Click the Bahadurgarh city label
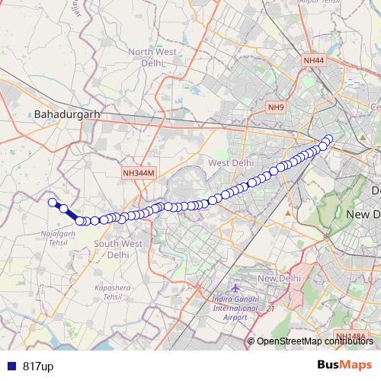click(67, 114)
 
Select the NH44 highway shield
click(314, 59)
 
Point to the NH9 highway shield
click(275, 107)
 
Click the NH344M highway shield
click(139, 174)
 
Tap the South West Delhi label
click(117, 249)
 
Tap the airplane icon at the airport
click(234, 290)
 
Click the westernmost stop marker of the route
click(53, 202)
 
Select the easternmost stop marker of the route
click(329, 139)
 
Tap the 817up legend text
click(37, 366)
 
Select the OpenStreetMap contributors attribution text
click(315, 341)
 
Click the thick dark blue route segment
click(72, 215)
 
